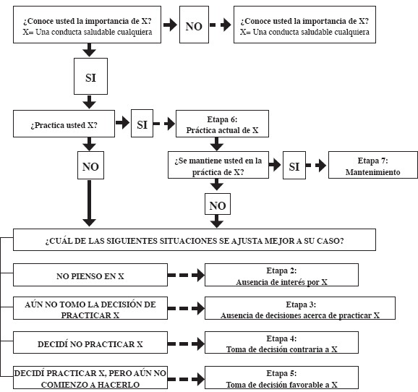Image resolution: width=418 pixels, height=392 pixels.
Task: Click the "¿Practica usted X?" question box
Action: tap(64, 124)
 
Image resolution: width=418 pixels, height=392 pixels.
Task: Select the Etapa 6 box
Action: tap(222, 124)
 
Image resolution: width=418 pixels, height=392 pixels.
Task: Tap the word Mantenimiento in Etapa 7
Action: tap(372, 172)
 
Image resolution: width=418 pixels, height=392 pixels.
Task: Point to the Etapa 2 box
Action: tap(281, 275)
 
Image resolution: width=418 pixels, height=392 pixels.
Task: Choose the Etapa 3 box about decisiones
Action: tap(300, 308)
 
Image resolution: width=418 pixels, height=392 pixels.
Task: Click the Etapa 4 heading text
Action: tap(281, 338)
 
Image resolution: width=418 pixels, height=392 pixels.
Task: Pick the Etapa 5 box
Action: tap(281, 378)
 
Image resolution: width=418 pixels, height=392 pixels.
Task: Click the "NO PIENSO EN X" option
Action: tap(90, 275)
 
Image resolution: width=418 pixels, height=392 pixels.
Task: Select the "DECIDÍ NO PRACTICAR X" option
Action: tap(90, 343)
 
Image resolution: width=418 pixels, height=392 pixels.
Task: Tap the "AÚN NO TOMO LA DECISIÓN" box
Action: tap(90, 308)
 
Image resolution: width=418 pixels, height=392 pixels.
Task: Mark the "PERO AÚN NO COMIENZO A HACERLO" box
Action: tap(90, 378)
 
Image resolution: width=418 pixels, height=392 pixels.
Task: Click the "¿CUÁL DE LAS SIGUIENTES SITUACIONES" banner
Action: tap(195, 239)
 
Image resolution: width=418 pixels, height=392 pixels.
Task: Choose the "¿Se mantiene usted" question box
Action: tap(218, 165)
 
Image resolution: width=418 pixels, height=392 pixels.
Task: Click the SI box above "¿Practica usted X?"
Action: tap(90, 76)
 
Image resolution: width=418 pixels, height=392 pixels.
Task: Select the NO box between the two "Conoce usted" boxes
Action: tap(194, 25)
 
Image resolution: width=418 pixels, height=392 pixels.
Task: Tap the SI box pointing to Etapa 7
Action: tap(294, 166)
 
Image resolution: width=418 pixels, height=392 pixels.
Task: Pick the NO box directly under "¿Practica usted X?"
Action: tap(90, 166)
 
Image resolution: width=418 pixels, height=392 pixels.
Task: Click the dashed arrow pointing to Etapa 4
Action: tap(186, 344)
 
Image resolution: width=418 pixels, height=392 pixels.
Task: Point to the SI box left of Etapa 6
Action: tap(142, 124)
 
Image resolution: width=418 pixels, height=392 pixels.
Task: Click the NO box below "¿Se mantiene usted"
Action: tap(218, 204)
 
